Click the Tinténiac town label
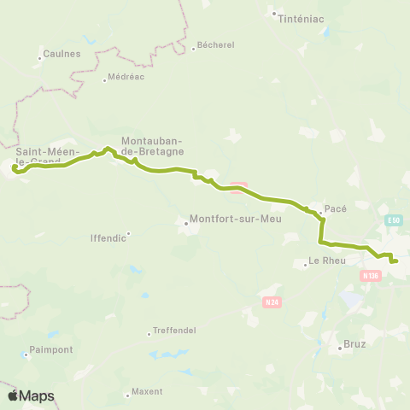(298, 19)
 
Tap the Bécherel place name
(215, 46)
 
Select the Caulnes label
(62, 54)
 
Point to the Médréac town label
(126, 77)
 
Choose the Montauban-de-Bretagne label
(153, 145)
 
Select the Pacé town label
(336, 208)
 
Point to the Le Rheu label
(328, 261)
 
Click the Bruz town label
(354, 343)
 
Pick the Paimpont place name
(51, 349)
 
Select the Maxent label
(147, 392)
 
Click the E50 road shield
(393, 220)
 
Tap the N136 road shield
(370, 275)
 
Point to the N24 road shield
(272, 302)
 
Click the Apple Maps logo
(31, 395)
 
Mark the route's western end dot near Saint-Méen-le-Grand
(15, 167)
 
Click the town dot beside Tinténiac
(273, 14)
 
